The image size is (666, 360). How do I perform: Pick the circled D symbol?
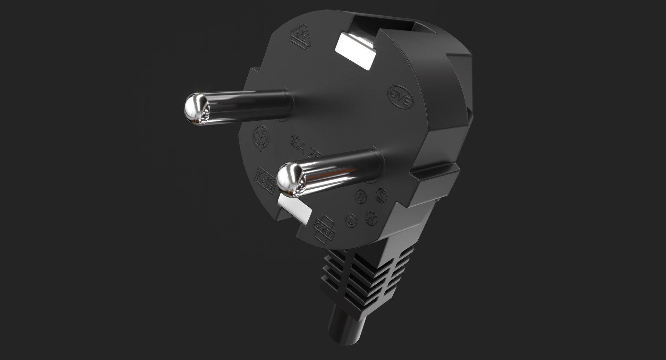351,220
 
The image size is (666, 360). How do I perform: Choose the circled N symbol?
371,218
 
